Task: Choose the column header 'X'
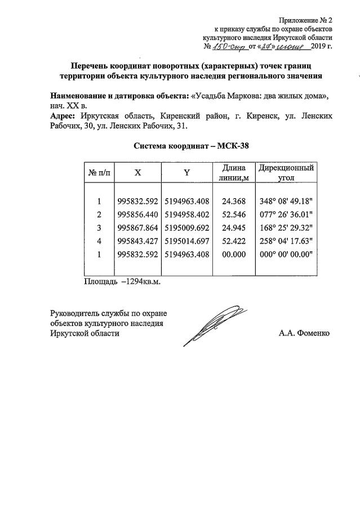tap(137, 173)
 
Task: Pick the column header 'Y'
tap(186, 173)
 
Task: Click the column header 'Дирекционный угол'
tap(286, 173)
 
